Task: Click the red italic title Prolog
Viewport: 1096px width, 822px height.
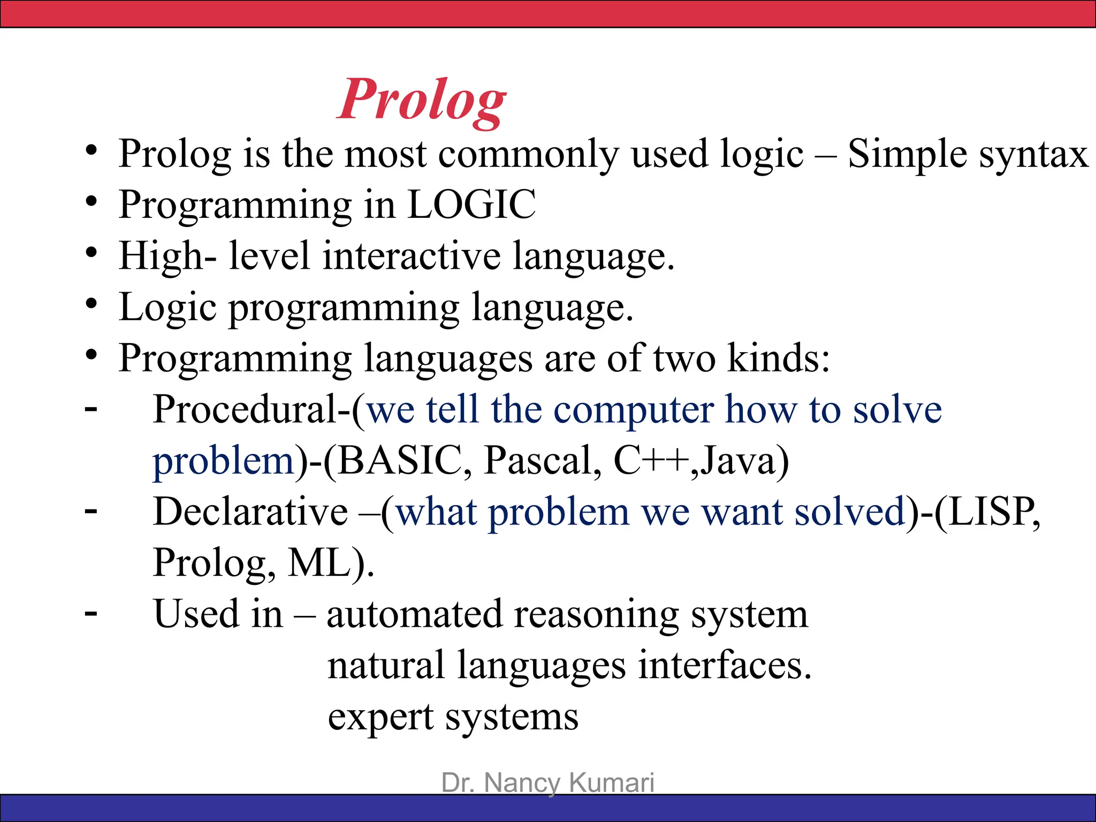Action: click(x=422, y=100)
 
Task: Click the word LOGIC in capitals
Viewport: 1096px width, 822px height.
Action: click(x=471, y=204)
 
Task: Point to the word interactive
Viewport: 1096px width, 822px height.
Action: click(x=412, y=256)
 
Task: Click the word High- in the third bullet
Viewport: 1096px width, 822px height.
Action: click(x=168, y=256)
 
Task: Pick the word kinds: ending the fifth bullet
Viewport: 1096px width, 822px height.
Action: click(x=779, y=357)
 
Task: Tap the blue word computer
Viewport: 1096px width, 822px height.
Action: click(x=633, y=409)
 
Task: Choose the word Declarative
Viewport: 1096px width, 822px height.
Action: click(x=250, y=512)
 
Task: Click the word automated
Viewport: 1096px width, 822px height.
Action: click(x=414, y=614)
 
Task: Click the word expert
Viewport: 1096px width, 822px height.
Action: click(x=380, y=717)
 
